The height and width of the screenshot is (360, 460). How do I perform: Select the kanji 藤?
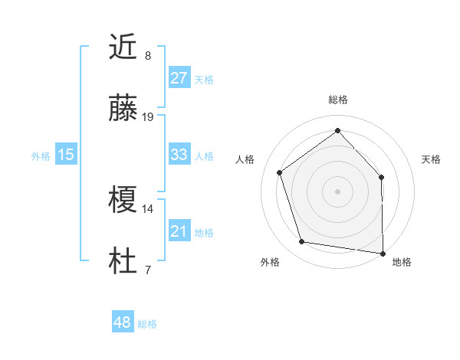tap(123, 110)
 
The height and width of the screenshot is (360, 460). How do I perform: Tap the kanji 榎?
tap(123, 201)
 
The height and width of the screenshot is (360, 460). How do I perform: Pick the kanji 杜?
tap(123, 263)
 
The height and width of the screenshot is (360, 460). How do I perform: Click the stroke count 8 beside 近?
tap(147, 55)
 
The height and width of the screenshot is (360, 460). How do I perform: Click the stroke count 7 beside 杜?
tap(147, 270)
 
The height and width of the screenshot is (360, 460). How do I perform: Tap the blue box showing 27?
tap(179, 78)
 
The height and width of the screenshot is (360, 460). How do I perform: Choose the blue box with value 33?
tap(179, 155)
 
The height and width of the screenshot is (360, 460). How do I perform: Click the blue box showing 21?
tap(179, 231)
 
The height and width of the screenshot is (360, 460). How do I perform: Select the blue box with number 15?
tap(66, 155)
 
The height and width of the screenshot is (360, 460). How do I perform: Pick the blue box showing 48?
tap(123, 322)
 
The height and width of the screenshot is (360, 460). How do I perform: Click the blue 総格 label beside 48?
tap(147, 324)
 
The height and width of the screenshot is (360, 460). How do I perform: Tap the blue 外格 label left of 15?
tap(41, 156)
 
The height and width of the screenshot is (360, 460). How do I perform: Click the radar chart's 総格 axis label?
tap(337, 100)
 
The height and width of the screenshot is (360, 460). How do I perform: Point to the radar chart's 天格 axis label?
tap(431, 159)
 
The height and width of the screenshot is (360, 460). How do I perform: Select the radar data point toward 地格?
tap(383, 253)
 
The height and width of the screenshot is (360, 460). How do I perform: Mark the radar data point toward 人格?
tap(280, 172)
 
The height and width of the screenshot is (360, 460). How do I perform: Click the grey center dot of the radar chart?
tap(337, 191)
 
